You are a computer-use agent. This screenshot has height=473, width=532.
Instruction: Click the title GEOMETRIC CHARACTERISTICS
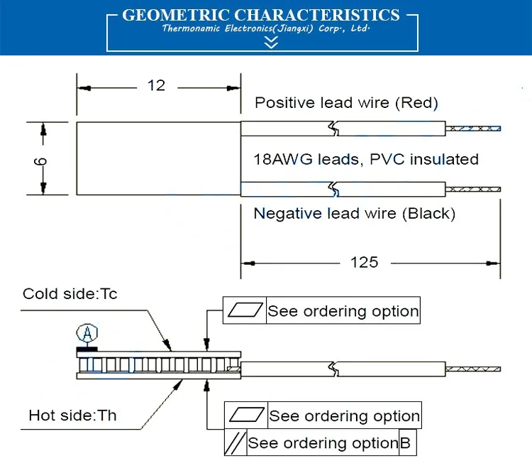pyautogui.click(x=261, y=15)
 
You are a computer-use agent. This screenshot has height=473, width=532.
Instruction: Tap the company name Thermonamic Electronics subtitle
pyautogui.click(x=266, y=28)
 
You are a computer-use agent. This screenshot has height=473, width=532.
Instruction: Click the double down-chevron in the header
pyautogui.click(x=271, y=42)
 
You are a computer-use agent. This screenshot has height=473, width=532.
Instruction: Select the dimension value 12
pyautogui.click(x=157, y=85)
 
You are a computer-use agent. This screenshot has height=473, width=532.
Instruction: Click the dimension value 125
pyautogui.click(x=364, y=262)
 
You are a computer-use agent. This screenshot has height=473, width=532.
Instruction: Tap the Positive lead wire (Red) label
pyautogui.click(x=346, y=102)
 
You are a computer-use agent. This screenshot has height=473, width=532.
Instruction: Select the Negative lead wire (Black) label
pyautogui.click(x=355, y=213)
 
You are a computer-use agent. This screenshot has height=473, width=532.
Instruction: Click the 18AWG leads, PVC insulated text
pyautogui.click(x=366, y=159)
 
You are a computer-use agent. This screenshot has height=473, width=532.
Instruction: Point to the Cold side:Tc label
pyautogui.click(x=70, y=294)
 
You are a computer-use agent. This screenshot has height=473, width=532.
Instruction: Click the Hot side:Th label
pyautogui.click(x=72, y=415)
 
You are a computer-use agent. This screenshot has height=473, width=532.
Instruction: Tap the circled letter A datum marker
pyautogui.click(x=87, y=333)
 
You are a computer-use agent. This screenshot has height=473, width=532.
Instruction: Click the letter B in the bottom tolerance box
pyautogui.click(x=405, y=442)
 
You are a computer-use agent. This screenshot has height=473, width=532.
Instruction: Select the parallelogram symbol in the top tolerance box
pyautogui.click(x=245, y=310)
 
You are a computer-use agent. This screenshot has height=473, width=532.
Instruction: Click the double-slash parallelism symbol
pyautogui.click(x=235, y=442)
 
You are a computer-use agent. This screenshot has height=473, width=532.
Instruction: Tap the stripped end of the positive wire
pyautogui.click(x=473, y=129)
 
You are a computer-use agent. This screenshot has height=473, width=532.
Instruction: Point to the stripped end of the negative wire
pyautogui.click(x=473, y=189)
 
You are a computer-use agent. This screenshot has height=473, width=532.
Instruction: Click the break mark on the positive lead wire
pyautogui.click(x=334, y=129)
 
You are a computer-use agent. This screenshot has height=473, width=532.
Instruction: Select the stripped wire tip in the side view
pyautogui.click(x=473, y=369)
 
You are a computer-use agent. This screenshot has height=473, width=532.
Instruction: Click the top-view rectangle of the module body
pyautogui.click(x=159, y=158)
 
